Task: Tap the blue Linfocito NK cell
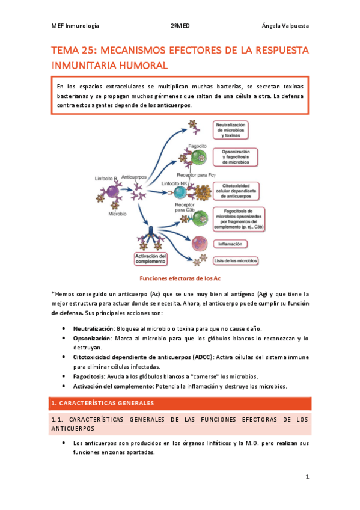pos(180,192)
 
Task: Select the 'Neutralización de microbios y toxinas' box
pos(231,129)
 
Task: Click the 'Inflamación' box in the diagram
pos(231,244)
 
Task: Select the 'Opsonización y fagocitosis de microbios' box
pos(231,158)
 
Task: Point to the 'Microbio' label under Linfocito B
pos(117,214)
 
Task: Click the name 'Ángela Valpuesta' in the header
pos(285,26)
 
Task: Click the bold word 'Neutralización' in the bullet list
pos(93,329)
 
